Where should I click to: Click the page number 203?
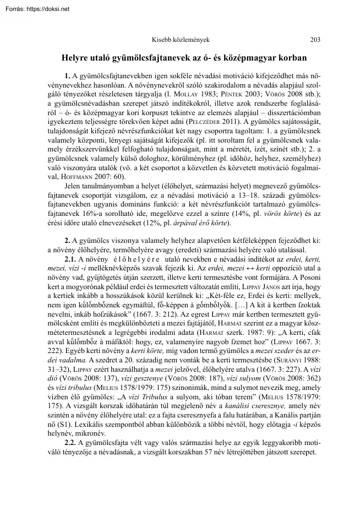coord(316,39)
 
